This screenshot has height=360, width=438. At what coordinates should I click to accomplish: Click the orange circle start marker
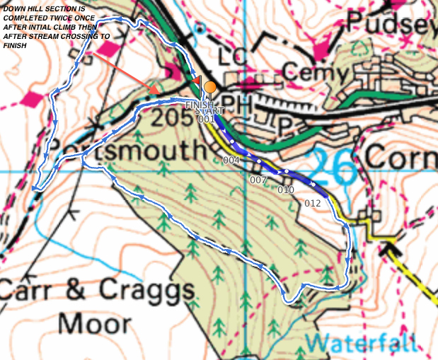[x=209, y=88]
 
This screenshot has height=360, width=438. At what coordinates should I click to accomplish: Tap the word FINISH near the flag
[x=199, y=105]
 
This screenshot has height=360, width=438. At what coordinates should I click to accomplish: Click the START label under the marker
[x=212, y=111]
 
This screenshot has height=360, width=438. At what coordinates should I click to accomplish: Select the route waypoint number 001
[x=206, y=120]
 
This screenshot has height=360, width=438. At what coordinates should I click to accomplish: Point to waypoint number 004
[x=231, y=161]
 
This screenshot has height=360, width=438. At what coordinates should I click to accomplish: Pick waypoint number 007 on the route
[x=258, y=180]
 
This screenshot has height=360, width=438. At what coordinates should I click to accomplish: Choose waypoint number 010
[x=286, y=190]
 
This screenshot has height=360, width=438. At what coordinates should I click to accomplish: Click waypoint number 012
[x=313, y=204]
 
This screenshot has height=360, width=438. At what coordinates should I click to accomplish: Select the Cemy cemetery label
[x=316, y=71]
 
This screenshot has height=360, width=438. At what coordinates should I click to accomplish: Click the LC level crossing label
[x=236, y=56]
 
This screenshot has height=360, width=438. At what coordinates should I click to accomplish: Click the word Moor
[x=94, y=324]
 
